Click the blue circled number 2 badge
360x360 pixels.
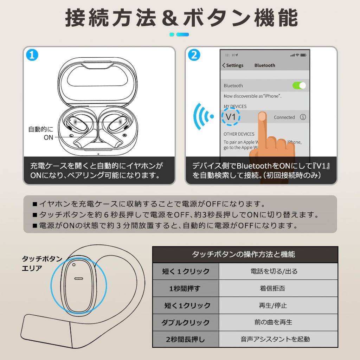[x=194, y=55]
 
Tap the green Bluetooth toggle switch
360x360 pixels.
[x=299, y=85]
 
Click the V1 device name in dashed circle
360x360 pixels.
[x=231, y=117]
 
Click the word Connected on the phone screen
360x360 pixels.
[x=284, y=117]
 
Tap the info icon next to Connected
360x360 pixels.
[x=303, y=117]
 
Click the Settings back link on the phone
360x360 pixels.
[x=233, y=65]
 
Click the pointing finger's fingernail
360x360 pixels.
[x=262, y=117]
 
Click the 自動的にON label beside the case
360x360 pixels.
[x=41, y=133]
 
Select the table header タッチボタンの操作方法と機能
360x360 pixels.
[x=245, y=254]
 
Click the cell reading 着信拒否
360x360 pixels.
[x=272, y=288]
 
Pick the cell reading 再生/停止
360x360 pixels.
[x=273, y=305]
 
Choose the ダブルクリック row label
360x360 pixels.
[x=185, y=322]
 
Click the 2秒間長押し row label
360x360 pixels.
[x=185, y=339]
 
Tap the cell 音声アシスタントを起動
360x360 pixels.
[x=275, y=339]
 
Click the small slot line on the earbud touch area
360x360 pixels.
[x=78, y=278]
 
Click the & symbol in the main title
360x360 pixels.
[x=171, y=18]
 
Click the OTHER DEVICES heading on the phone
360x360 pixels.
[x=239, y=134]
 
